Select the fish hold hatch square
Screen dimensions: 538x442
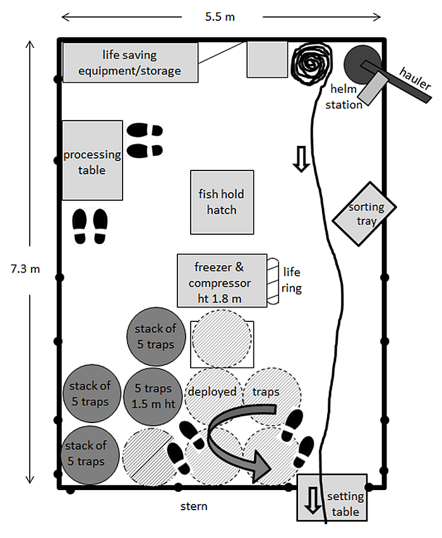pyautogui.click(x=222, y=201)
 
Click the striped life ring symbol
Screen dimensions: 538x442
pyautogui.click(x=273, y=281)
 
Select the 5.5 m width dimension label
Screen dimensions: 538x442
pyautogui.click(x=220, y=16)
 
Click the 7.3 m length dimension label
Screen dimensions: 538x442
pyautogui.click(x=25, y=268)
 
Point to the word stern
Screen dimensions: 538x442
pyautogui.click(x=193, y=506)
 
